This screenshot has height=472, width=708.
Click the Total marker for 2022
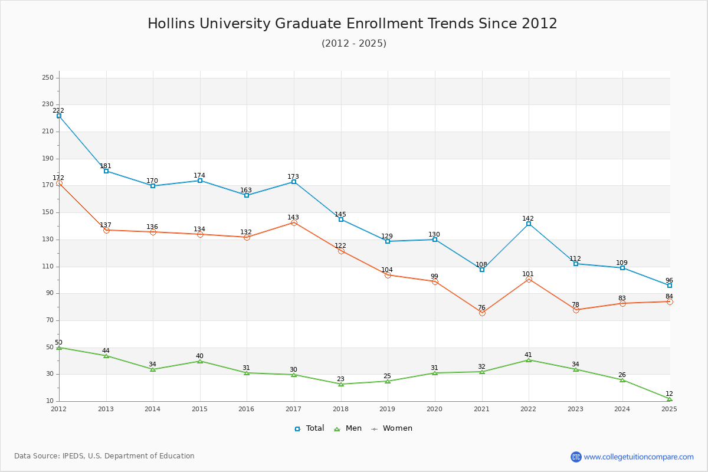pos(529,224)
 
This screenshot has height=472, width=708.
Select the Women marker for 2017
pos(294,223)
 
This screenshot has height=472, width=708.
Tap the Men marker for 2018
pos(341,384)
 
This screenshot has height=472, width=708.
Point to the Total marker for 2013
pos(106,171)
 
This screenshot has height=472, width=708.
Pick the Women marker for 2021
pos(482,313)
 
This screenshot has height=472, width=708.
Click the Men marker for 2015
pos(200,361)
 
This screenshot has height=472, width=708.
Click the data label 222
pos(58,110)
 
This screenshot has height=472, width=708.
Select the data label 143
pos(293,217)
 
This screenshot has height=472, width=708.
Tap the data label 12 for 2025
pos(669,394)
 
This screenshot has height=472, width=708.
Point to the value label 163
pos(246,190)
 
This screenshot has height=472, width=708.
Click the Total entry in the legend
pos(309,428)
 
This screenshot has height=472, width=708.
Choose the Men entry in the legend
pos(348,428)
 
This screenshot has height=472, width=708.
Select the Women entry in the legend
pos(392,428)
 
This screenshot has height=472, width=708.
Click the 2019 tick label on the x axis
pos(387,409)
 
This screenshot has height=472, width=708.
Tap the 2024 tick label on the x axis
pos(622,409)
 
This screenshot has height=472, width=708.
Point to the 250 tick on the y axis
pos(48,77)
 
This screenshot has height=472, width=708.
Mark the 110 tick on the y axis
pos(48,267)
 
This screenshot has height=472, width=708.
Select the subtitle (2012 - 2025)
pos(354,43)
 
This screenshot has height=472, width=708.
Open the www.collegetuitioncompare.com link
pos(638,457)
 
